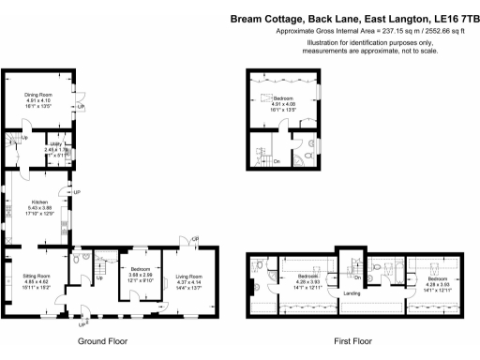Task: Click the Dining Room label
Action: tap(38, 94)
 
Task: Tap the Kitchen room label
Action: tap(39, 202)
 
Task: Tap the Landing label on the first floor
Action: tap(352, 294)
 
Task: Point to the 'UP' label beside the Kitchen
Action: tap(78, 192)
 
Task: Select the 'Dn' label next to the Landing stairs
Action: tap(358, 278)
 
